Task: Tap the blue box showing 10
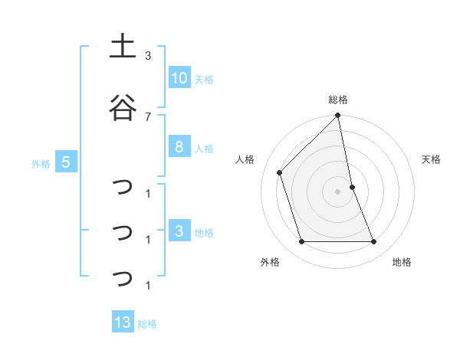(x=179, y=78)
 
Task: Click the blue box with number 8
(x=179, y=147)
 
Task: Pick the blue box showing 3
(x=179, y=231)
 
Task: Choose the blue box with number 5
(x=66, y=162)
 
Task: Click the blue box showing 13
(x=123, y=322)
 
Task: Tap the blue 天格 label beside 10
(x=204, y=79)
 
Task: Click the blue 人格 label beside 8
(x=204, y=148)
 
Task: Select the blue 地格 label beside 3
(x=204, y=232)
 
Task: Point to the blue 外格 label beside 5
(x=41, y=163)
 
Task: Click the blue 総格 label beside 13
(x=147, y=323)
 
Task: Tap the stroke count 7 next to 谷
(x=148, y=116)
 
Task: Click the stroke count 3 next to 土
(x=148, y=56)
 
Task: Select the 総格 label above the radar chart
(x=338, y=100)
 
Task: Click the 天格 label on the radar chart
(x=432, y=159)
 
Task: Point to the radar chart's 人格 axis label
(x=245, y=159)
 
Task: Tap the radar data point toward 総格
(x=338, y=116)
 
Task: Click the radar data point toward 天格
(x=352, y=187)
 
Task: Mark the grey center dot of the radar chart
(x=338, y=191)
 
